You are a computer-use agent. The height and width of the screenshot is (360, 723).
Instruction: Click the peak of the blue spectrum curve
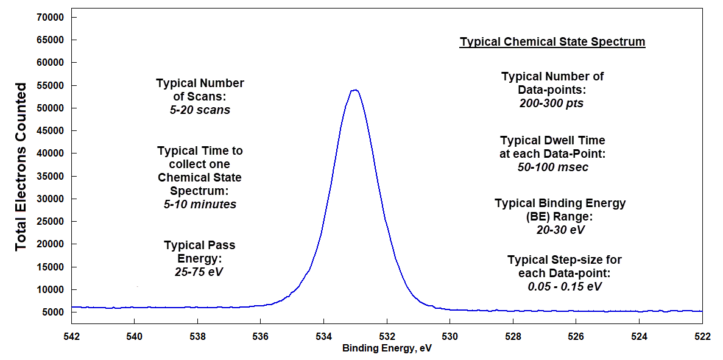pyautogui.click(x=354, y=90)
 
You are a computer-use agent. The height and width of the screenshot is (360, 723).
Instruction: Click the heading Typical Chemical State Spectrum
pyautogui.click(x=552, y=42)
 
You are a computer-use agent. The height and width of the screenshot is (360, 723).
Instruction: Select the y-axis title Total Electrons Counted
pyautogui.click(x=21, y=166)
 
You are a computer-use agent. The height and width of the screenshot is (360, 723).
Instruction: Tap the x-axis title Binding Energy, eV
pyautogui.click(x=387, y=349)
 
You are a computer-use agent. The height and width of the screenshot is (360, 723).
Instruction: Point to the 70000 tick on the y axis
pyautogui.click(x=51, y=18)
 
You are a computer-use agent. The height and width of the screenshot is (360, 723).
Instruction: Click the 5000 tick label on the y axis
pyautogui.click(x=54, y=312)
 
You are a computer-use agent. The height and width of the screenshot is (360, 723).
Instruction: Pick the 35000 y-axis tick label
pyautogui.click(x=51, y=176)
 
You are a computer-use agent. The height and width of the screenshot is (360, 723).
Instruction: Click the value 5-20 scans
pyautogui.click(x=200, y=110)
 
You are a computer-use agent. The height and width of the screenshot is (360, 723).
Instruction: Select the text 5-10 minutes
pyautogui.click(x=200, y=204)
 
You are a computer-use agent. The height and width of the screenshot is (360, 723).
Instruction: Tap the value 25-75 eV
pyautogui.click(x=199, y=272)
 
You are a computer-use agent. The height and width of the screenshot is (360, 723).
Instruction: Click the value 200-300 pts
pyautogui.click(x=552, y=103)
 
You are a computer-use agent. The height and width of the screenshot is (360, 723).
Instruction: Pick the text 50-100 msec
pyautogui.click(x=552, y=167)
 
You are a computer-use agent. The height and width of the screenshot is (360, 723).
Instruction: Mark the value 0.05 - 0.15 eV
pyautogui.click(x=565, y=286)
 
